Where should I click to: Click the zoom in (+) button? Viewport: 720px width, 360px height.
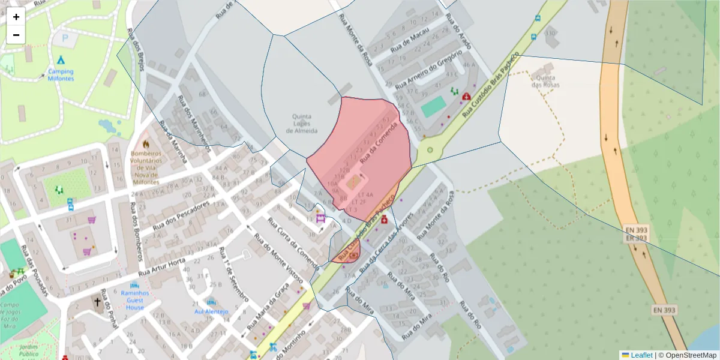coord(16,17)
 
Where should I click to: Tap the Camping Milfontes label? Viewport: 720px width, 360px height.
coord(61,74)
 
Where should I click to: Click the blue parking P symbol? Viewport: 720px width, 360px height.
coord(65,37)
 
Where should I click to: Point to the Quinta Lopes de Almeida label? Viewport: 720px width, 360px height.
coord(305,124)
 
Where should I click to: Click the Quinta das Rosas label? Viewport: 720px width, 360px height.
coord(545,81)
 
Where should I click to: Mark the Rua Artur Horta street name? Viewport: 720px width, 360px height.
coord(170,266)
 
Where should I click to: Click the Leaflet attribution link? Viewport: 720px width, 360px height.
coord(641,355)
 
